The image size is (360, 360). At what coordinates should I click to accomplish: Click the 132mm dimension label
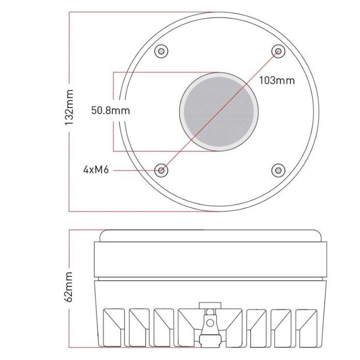[69, 107]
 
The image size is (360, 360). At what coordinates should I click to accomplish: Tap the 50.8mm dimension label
[110, 110]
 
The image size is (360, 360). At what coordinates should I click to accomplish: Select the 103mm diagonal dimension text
[277, 81]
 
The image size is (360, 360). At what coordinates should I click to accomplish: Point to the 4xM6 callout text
[96, 170]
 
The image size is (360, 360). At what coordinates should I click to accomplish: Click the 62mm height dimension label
[69, 287]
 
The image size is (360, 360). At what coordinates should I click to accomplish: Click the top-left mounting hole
[161, 51]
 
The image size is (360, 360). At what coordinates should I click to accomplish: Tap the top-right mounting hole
[278, 51]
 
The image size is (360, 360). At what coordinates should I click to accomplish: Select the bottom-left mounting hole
[162, 170]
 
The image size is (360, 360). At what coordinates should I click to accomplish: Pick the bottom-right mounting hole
[278, 170]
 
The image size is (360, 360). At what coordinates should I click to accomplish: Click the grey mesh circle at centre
[219, 112]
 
